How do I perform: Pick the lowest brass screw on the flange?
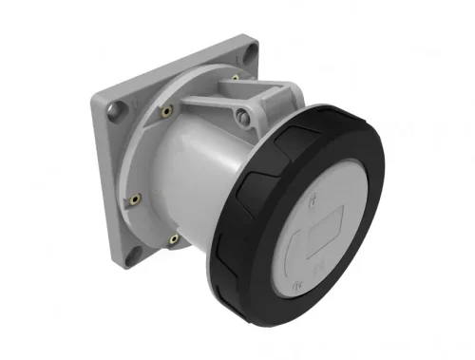click(x=174, y=238)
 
